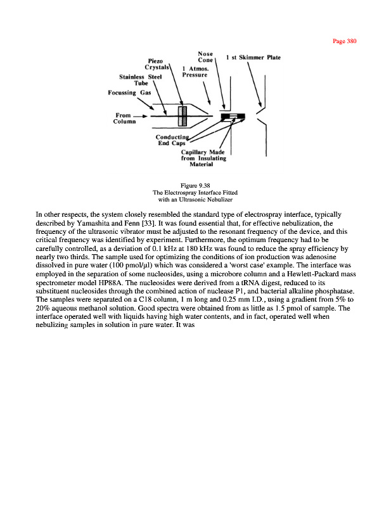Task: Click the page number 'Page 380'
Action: coord(345,41)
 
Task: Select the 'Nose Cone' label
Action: coord(205,57)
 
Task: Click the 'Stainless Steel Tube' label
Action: coord(141,80)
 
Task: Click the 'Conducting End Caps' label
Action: coord(172,140)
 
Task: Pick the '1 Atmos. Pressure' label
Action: coord(195,71)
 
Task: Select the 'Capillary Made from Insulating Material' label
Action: coord(203,158)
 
